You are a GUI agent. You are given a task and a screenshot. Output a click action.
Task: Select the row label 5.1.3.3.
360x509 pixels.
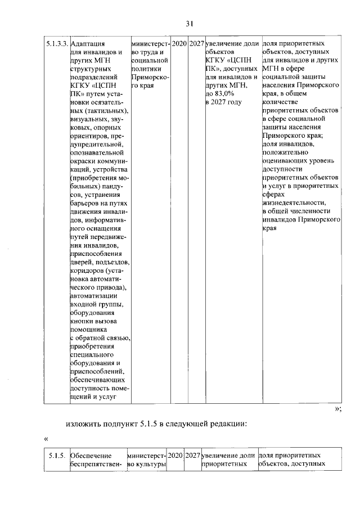(x=58, y=43)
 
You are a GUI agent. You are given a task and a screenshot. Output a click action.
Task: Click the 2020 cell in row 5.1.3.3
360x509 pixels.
(x=179, y=43)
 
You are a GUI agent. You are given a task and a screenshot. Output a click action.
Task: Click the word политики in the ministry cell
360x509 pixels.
(x=145, y=68)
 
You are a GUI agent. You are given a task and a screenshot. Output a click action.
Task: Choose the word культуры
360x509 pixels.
(x=151, y=464)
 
